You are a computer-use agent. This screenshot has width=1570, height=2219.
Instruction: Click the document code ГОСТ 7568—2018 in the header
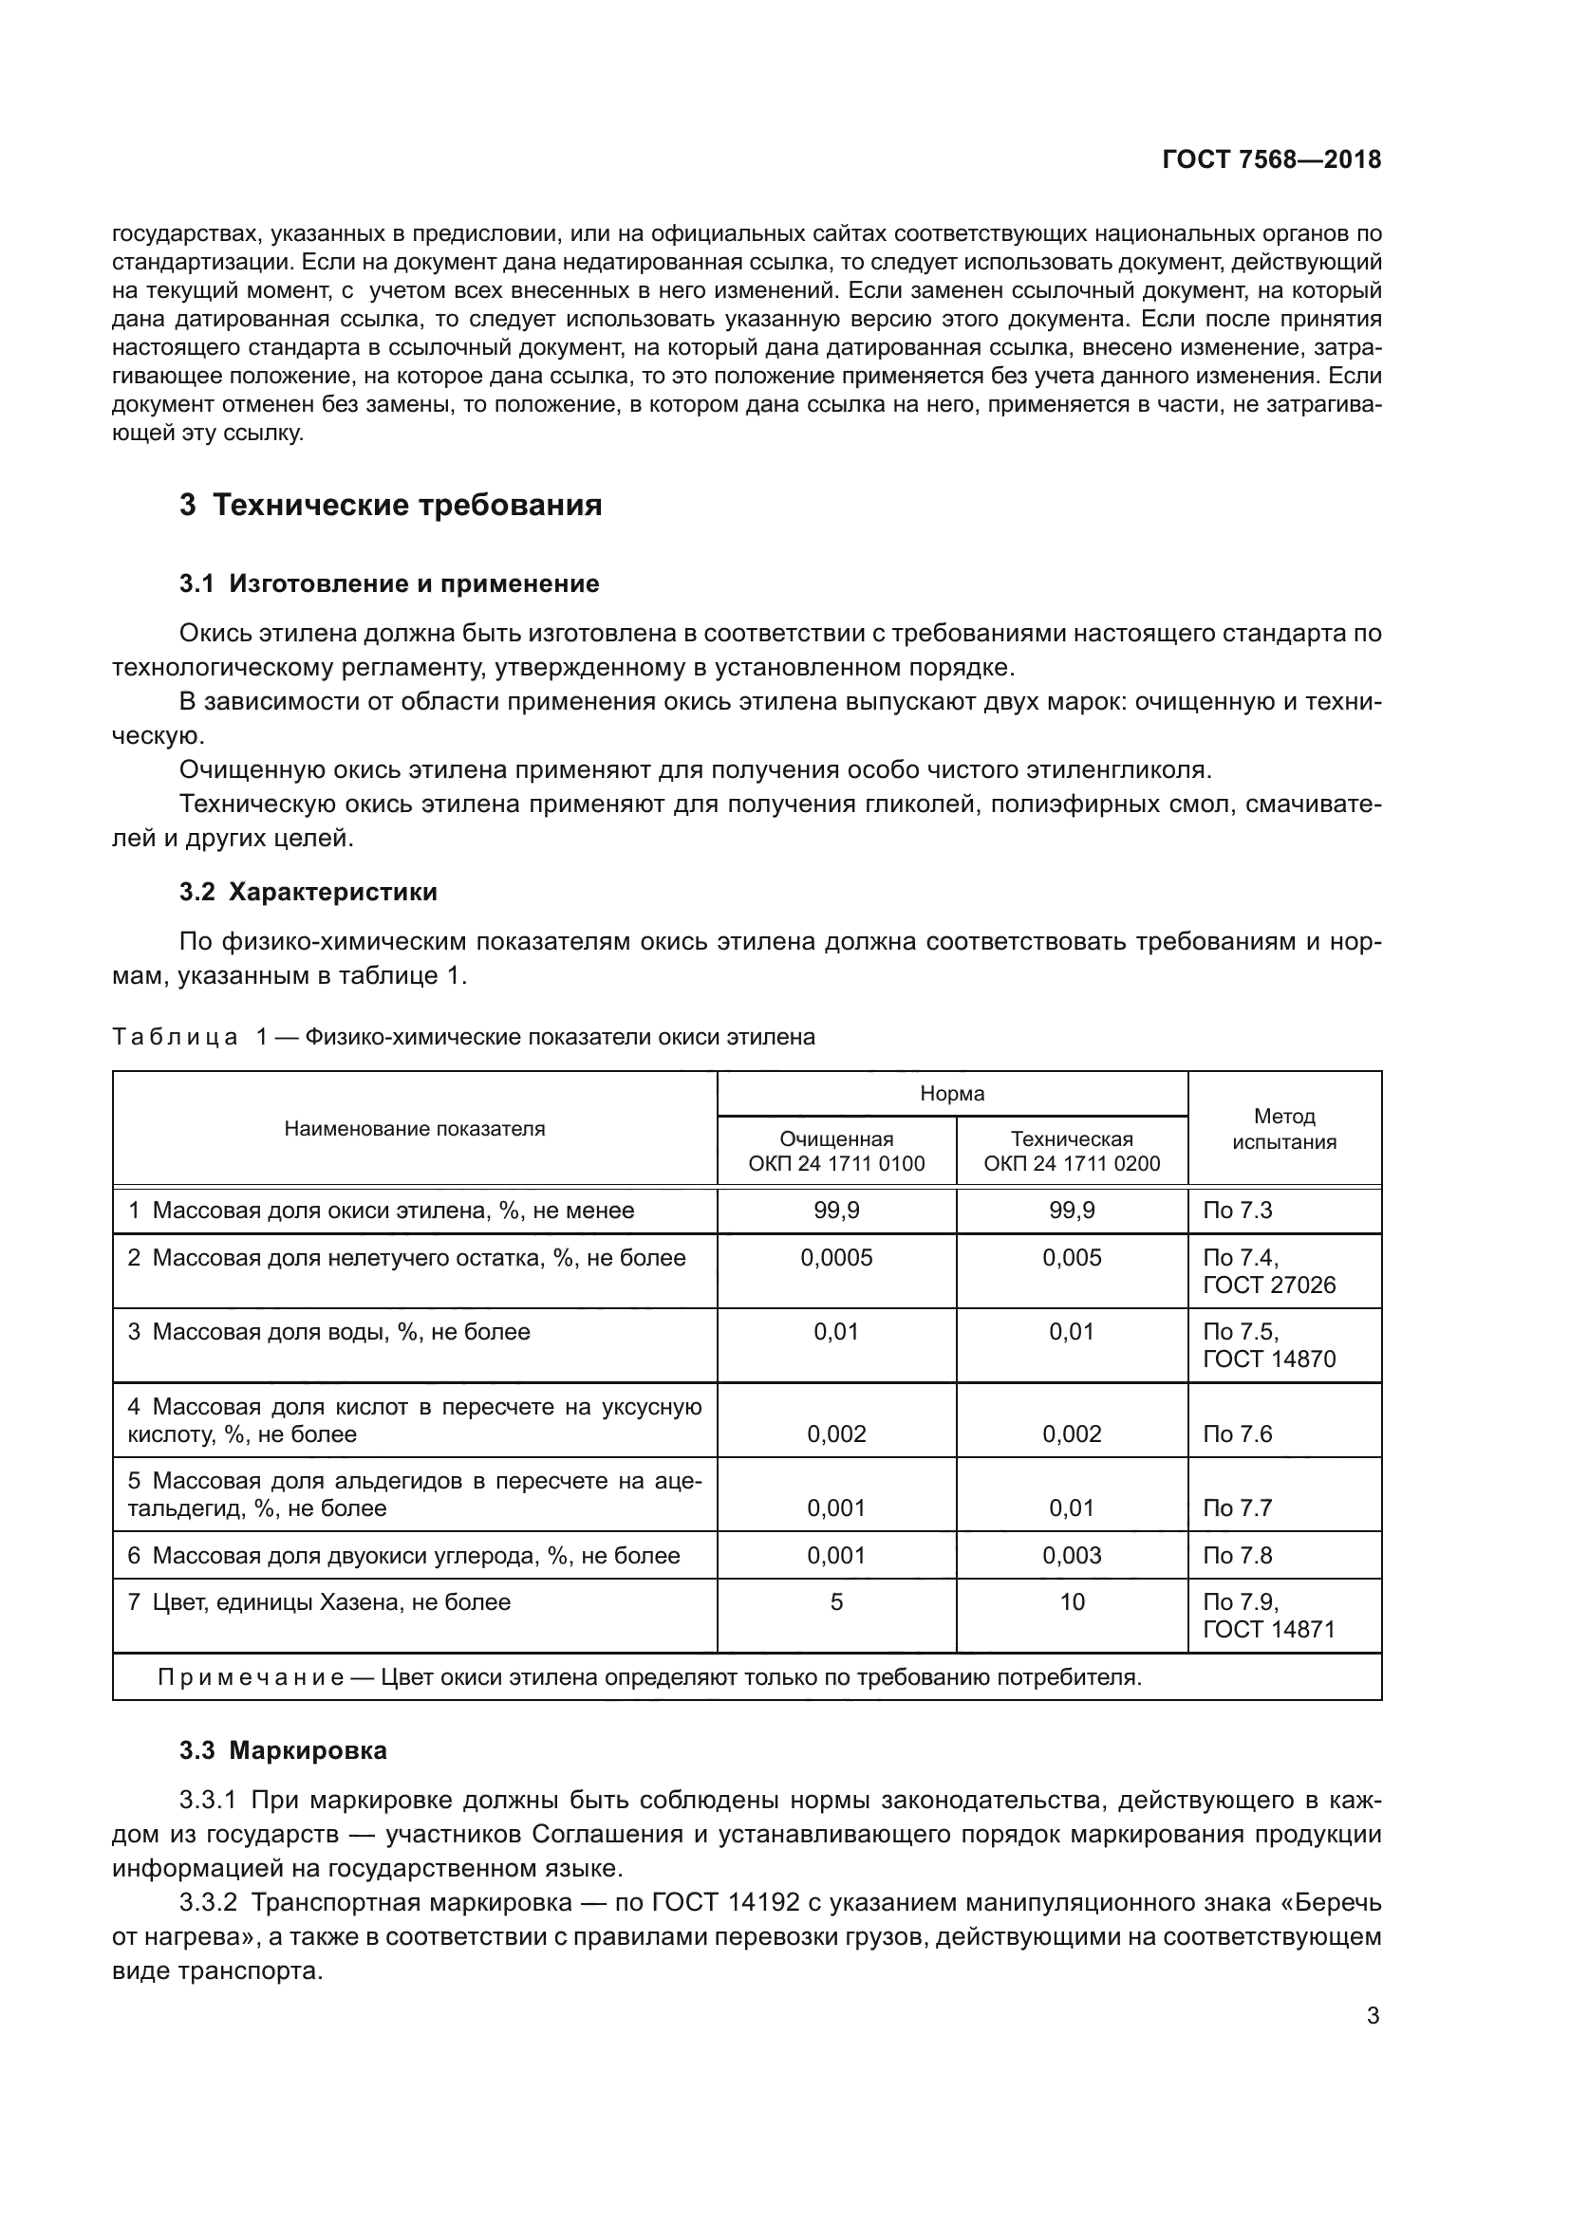[1271, 160]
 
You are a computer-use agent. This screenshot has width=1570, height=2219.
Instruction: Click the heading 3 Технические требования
[390, 506]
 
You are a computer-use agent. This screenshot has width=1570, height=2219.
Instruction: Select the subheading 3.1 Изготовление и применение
[388, 583]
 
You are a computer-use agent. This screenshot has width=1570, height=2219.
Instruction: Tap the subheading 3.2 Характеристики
[308, 892]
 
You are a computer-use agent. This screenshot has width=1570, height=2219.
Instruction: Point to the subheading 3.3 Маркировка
[283, 1750]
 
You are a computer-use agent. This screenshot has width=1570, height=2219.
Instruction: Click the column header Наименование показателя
[414, 1129]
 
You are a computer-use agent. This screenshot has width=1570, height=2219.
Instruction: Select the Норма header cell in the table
[951, 1094]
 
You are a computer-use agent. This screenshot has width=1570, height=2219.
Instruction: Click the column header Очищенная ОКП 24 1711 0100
[836, 1151]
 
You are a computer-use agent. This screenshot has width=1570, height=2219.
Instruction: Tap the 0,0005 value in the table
[836, 1257]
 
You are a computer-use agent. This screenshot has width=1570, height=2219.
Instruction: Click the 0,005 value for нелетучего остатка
[1071, 1257]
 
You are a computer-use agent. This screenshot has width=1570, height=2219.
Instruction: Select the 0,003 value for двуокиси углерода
[1071, 1555]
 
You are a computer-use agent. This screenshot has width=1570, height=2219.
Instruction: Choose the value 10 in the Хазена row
[1071, 1601]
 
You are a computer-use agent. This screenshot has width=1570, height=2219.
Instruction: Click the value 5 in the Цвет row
[836, 1601]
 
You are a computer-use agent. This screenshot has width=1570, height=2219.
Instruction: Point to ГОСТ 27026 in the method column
[1268, 1285]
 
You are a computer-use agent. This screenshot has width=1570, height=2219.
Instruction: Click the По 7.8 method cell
[1238, 1555]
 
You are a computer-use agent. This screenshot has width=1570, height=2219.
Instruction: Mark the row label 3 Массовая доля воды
[328, 1332]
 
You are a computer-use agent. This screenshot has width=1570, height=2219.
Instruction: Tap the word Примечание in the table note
[251, 1676]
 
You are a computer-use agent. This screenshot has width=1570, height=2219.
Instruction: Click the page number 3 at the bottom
[1373, 2016]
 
